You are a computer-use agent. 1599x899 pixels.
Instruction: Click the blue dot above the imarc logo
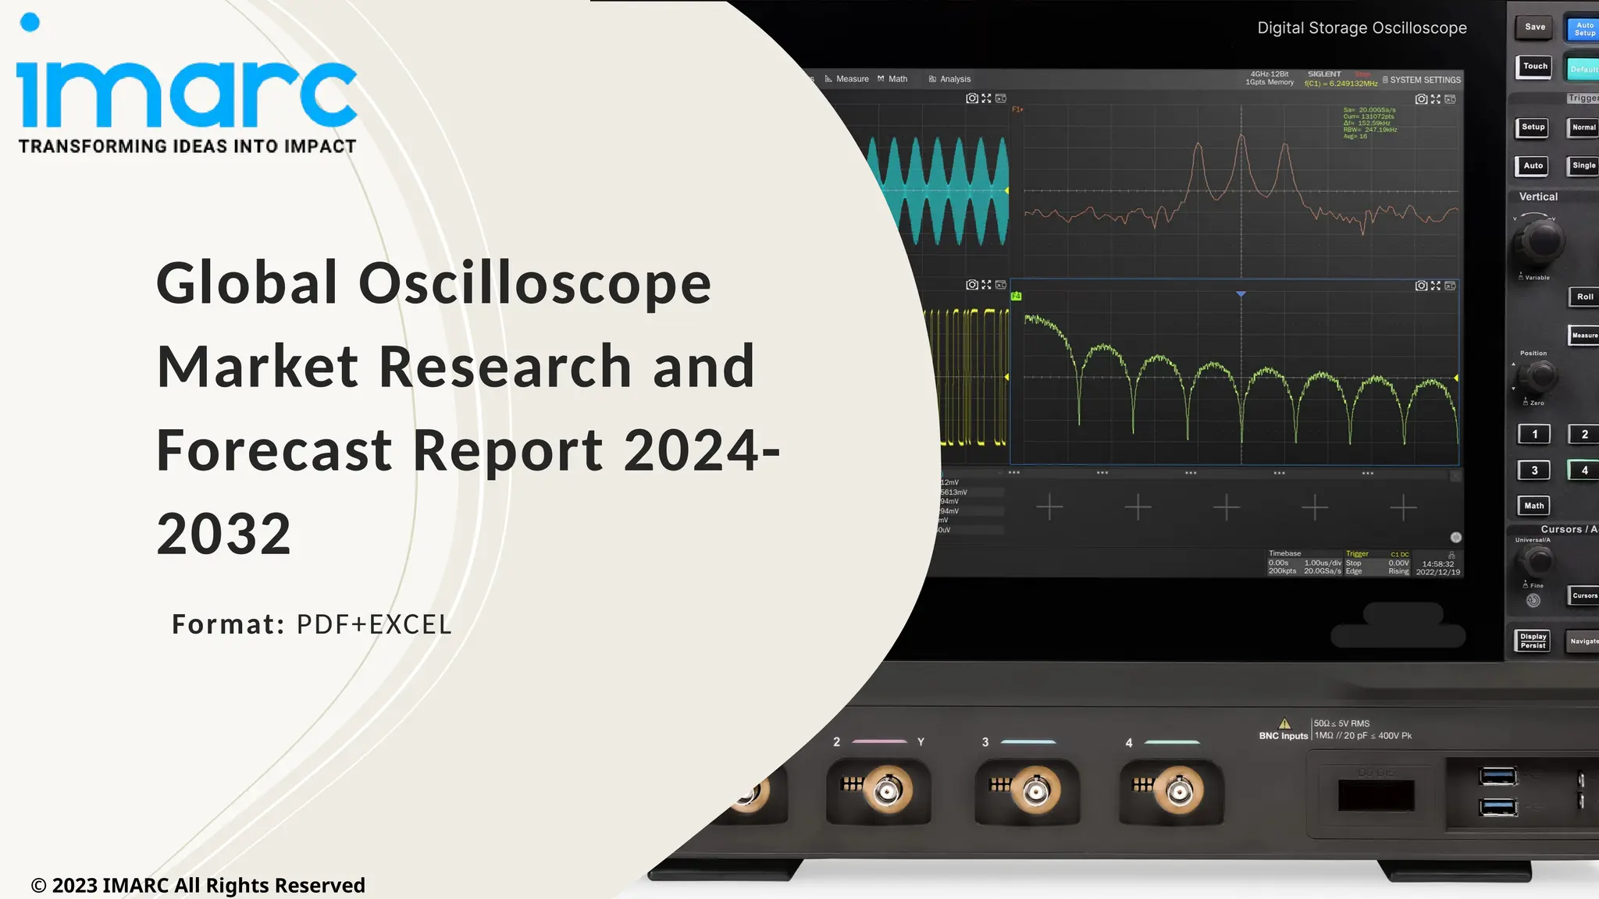tap(30, 23)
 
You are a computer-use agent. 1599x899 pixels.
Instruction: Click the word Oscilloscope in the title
tap(535, 282)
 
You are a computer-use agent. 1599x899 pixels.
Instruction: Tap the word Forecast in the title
tap(274, 450)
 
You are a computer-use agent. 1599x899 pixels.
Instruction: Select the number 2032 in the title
tap(224, 535)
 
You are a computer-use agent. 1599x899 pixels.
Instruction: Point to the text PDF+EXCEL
tap(374, 624)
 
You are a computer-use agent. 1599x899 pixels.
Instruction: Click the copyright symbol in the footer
tap(38, 886)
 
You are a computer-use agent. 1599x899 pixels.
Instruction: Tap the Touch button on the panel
tap(1535, 66)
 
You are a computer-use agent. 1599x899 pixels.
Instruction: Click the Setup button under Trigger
tap(1533, 127)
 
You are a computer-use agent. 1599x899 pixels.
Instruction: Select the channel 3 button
tap(1534, 471)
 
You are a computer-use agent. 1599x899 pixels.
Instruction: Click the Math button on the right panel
tap(1533, 506)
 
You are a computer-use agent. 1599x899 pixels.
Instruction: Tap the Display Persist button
tap(1533, 641)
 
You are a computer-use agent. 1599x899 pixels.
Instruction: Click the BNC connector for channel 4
tap(1179, 792)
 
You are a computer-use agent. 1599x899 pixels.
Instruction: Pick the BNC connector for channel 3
tap(1035, 791)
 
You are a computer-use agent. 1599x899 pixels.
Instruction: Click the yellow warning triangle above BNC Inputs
tap(1284, 723)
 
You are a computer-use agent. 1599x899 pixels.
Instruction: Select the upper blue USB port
tap(1498, 776)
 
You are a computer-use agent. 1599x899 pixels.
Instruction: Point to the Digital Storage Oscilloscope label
tap(1362, 28)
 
